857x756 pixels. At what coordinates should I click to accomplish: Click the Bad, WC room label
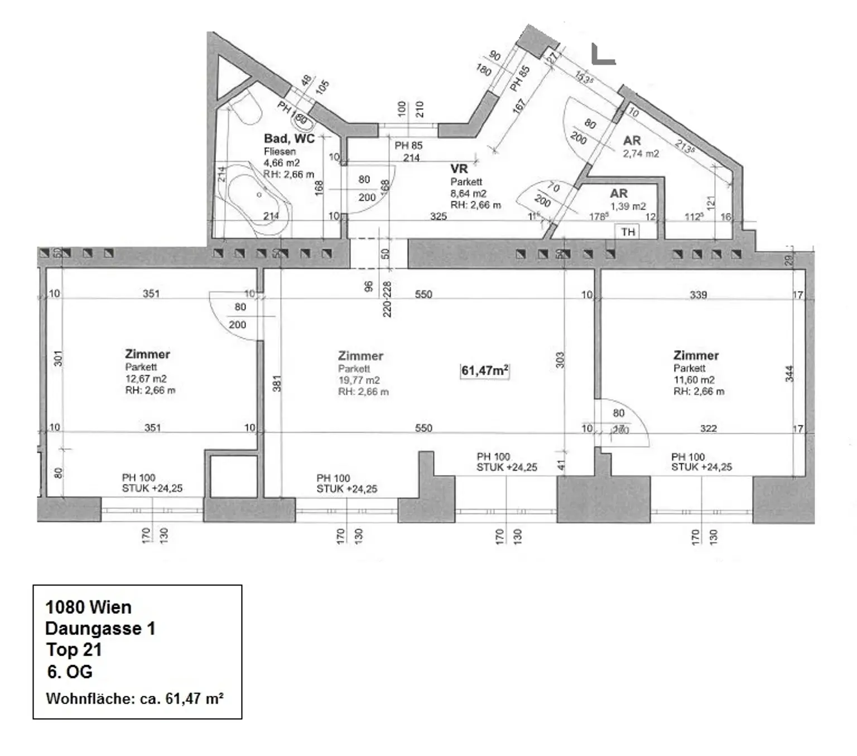[x=289, y=138]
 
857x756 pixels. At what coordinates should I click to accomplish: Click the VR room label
[x=459, y=168]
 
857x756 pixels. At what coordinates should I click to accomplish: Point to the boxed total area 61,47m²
[x=484, y=371]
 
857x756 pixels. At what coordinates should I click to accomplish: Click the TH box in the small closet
[x=628, y=232]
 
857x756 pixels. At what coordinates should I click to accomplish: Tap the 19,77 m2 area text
[x=359, y=380]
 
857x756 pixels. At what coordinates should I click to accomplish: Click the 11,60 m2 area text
[x=694, y=380]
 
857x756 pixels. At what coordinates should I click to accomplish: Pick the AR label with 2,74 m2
[x=632, y=141]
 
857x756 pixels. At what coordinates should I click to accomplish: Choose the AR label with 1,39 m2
[x=618, y=193]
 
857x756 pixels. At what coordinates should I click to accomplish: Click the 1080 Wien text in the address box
[x=88, y=607]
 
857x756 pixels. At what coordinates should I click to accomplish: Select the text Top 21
[x=74, y=650]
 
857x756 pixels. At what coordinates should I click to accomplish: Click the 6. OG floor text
[x=70, y=672]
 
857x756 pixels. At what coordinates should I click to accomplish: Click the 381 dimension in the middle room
[x=277, y=384]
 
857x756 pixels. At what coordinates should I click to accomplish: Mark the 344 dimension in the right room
[x=789, y=374]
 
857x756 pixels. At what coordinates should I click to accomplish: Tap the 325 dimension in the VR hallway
[x=438, y=216]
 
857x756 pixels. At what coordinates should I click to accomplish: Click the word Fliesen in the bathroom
[x=280, y=151]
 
